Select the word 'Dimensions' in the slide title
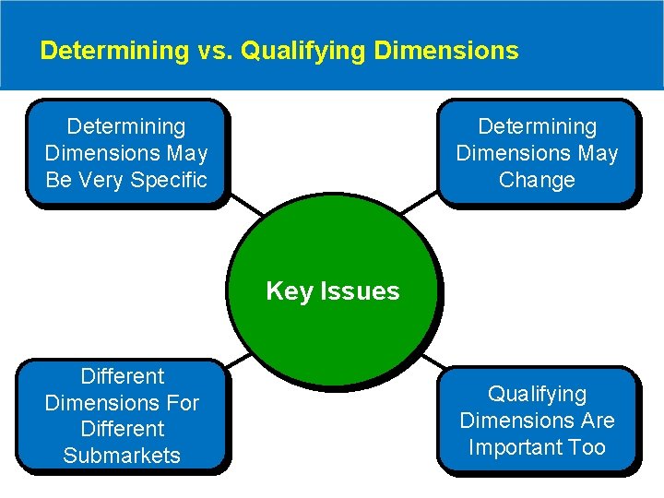[x=446, y=50]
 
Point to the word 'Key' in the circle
[x=289, y=291]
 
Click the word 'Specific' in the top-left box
[x=169, y=180]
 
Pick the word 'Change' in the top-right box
[x=537, y=180]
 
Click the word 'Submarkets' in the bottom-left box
[x=122, y=456]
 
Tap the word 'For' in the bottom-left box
[x=184, y=403]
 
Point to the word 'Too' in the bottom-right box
[x=587, y=447]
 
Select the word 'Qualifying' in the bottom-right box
[x=537, y=394]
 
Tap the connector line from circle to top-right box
[x=422, y=205]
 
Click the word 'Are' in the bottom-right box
[x=597, y=421]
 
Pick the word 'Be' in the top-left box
[x=59, y=180]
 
